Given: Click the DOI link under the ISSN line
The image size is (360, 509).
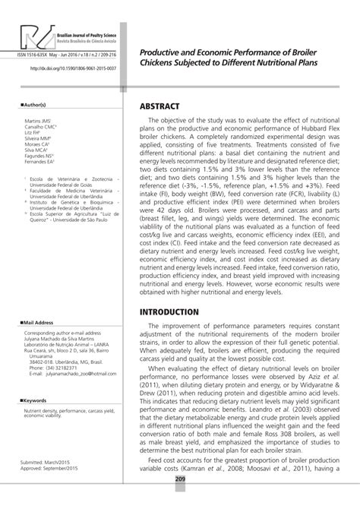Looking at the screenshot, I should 73,68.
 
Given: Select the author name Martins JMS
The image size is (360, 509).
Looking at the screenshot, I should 38,122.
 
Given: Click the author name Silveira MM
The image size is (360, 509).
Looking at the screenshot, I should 39,138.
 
